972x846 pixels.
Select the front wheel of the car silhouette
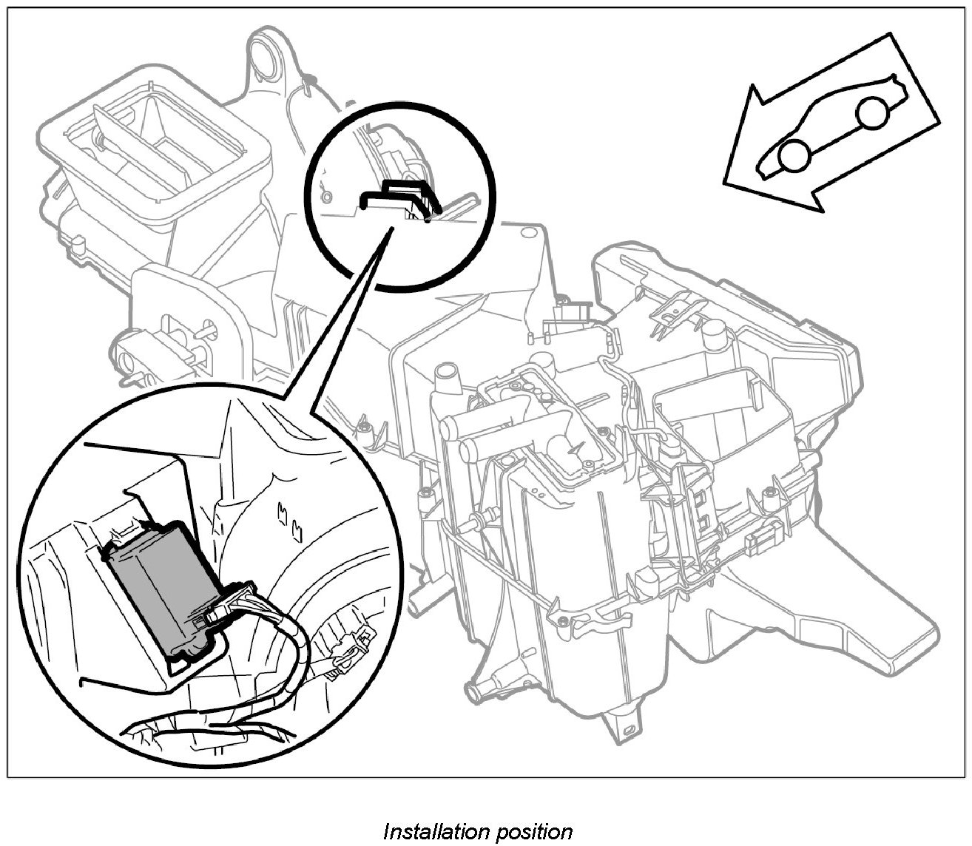(794, 155)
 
